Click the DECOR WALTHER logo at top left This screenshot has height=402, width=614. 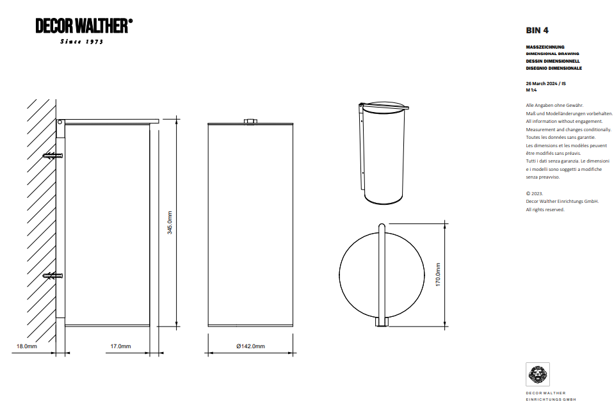[84, 26]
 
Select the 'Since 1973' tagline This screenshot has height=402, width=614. [81, 42]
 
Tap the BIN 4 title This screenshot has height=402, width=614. [537, 30]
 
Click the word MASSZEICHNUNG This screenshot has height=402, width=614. [545, 47]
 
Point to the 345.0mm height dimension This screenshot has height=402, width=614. [170, 223]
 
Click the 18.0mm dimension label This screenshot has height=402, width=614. [26, 346]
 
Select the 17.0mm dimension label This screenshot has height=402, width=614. [120, 346]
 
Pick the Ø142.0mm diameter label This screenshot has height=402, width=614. [250, 346]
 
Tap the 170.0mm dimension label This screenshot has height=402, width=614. [438, 274]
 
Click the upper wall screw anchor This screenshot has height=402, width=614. [53, 156]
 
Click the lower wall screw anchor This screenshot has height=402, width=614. [53, 276]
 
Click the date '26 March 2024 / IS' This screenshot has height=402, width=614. [545, 84]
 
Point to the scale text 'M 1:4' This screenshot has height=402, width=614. [531, 90]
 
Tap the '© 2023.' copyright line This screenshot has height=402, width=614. [535, 193]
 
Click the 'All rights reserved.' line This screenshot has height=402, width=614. [545, 209]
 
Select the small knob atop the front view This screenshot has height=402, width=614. [250, 120]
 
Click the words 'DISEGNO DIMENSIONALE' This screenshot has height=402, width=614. [554, 68]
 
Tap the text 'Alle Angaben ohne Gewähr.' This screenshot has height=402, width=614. [554, 105]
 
